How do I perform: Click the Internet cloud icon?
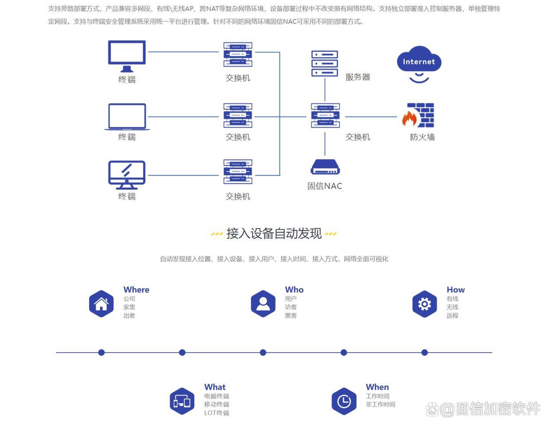(x=419, y=63)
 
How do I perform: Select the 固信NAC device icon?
(x=325, y=167)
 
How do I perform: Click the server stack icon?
(x=325, y=64)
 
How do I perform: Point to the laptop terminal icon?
(x=127, y=117)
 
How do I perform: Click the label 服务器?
(x=358, y=77)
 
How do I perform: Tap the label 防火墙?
(x=422, y=137)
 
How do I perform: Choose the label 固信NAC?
(x=325, y=186)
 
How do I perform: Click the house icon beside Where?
(x=101, y=304)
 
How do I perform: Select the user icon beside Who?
(x=263, y=304)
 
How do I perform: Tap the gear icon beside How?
(x=425, y=304)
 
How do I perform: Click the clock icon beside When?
(x=344, y=401)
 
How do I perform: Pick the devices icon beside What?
(x=182, y=401)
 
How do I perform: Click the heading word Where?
(x=136, y=290)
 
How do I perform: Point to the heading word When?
(x=377, y=387)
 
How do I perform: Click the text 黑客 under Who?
(x=291, y=315)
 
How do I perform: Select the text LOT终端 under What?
(x=216, y=413)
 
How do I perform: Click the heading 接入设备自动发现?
(x=274, y=233)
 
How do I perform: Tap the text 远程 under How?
(x=452, y=315)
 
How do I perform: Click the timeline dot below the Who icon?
(x=263, y=353)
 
